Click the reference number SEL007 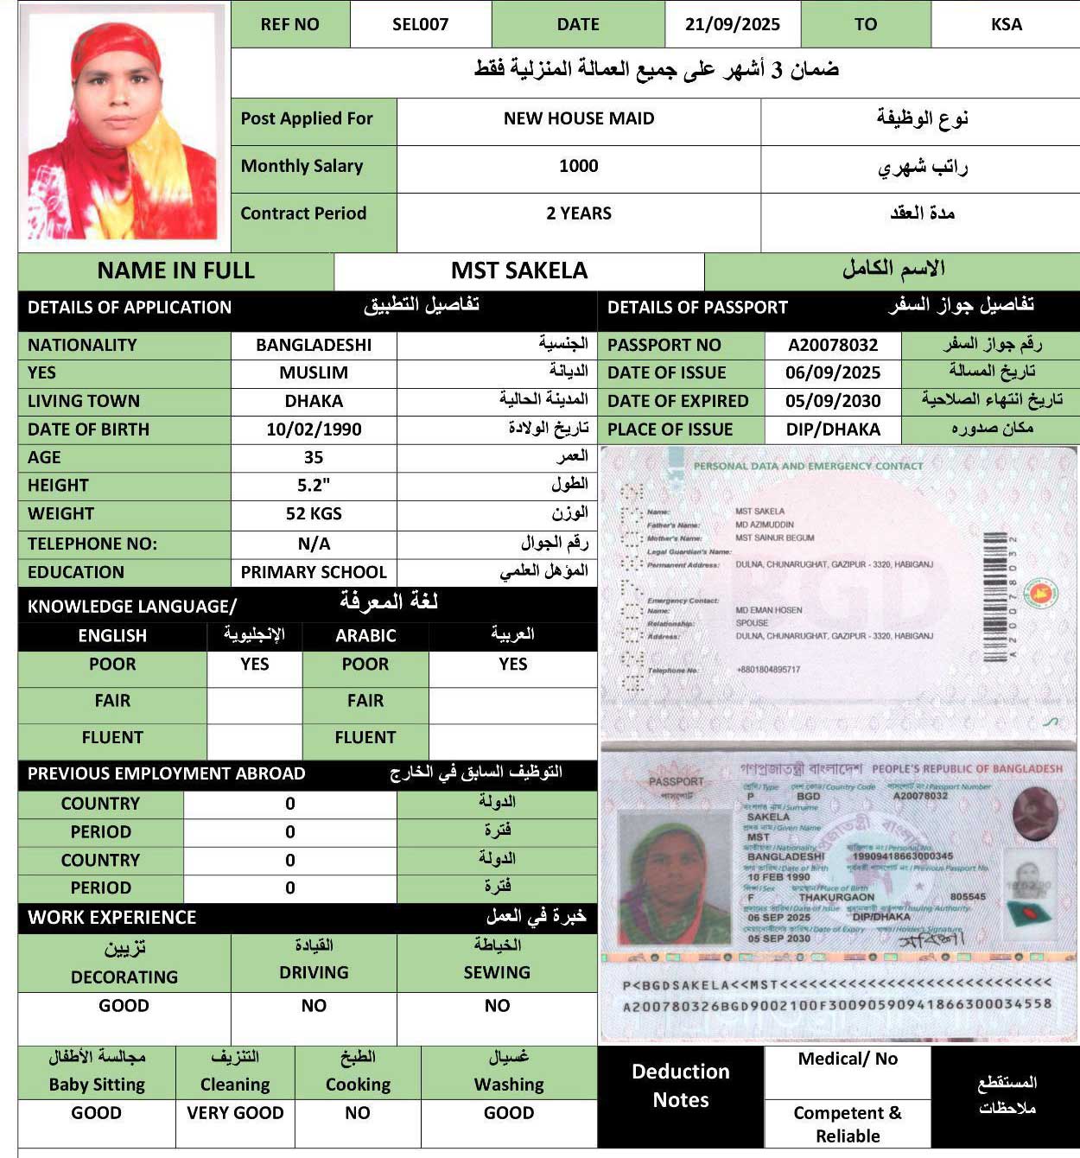tap(420, 24)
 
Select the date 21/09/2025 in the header tap(732, 24)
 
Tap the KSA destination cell tap(1006, 24)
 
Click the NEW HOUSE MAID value tap(579, 118)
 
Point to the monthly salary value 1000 tap(578, 166)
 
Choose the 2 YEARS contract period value tap(578, 213)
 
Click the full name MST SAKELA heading tap(518, 270)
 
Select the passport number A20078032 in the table tap(833, 345)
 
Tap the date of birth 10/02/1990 tap(314, 429)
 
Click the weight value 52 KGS tap(314, 514)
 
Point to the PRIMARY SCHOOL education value tap(314, 572)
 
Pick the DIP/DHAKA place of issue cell tap(833, 429)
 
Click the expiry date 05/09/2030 tap(833, 401)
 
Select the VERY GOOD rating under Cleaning tap(235, 1113)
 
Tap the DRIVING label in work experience tap(314, 972)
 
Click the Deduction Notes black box tap(681, 1085)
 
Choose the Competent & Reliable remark tap(848, 1124)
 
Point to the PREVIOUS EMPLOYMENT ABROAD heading tap(167, 773)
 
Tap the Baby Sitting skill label tap(97, 1085)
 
